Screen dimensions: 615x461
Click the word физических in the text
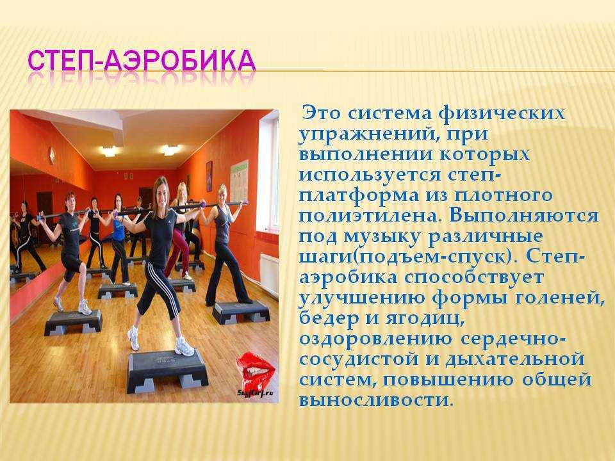[502, 114]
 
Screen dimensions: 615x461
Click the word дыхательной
[515, 360]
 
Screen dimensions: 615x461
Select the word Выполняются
[524, 216]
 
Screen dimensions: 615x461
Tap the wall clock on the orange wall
[51, 155]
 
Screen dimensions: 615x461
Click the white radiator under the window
[269, 275]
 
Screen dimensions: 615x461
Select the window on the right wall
[267, 172]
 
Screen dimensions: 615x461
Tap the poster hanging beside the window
[239, 181]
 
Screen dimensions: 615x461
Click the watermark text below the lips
[255, 392]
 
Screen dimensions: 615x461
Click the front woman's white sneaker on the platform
[184, 346]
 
